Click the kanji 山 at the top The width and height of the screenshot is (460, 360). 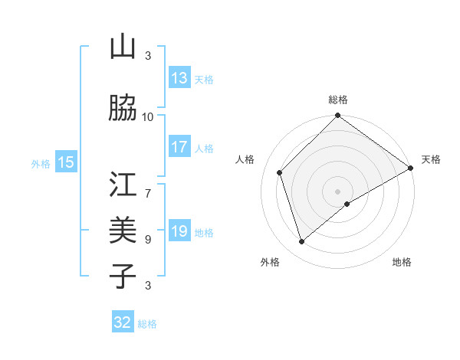(123, 47)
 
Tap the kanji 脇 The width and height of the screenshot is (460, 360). (123, 108)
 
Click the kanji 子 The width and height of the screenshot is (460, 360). (123, 276)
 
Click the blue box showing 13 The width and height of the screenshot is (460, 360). (179, 78)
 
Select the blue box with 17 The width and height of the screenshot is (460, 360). (179, 147)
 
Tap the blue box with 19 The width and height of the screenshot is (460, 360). (179, 231)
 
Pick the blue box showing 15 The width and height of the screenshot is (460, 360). (66, 162)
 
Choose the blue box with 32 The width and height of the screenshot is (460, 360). (123, 322)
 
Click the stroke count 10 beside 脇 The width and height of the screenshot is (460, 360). (148, 116)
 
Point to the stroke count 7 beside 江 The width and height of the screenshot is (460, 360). (148, 185)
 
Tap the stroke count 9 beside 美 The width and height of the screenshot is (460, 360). (148, 239)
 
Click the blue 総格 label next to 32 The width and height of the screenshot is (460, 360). (147, 324)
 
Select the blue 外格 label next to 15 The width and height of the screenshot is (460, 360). (41, 163)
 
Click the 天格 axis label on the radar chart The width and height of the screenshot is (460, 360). (431, 159)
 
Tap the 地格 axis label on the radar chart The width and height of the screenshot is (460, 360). (402, 262)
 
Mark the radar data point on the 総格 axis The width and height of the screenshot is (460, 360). (337, 116)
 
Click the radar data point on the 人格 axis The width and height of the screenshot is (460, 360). (280, 172)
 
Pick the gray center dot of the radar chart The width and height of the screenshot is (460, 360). (337, 191)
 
